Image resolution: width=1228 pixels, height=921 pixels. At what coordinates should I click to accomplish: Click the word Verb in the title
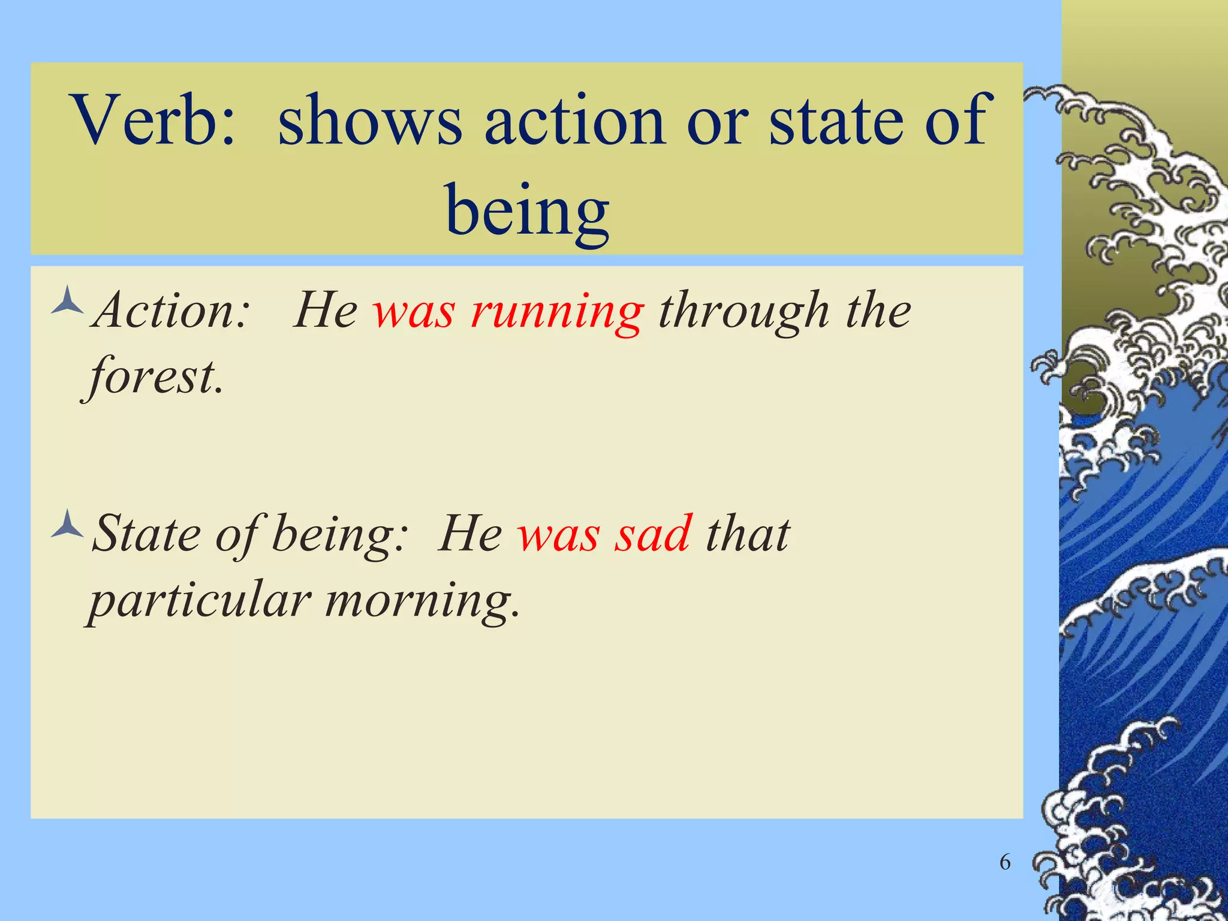153,120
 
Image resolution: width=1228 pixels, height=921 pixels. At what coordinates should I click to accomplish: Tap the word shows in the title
369,120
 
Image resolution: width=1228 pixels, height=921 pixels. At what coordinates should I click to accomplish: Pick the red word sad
654,534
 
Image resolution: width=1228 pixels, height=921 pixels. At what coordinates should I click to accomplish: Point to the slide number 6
1005,862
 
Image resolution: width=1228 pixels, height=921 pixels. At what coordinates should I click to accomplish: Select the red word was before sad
558,534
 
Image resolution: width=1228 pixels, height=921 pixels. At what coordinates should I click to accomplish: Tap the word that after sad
748,534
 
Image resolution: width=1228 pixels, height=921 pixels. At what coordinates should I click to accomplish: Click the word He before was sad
471,534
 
